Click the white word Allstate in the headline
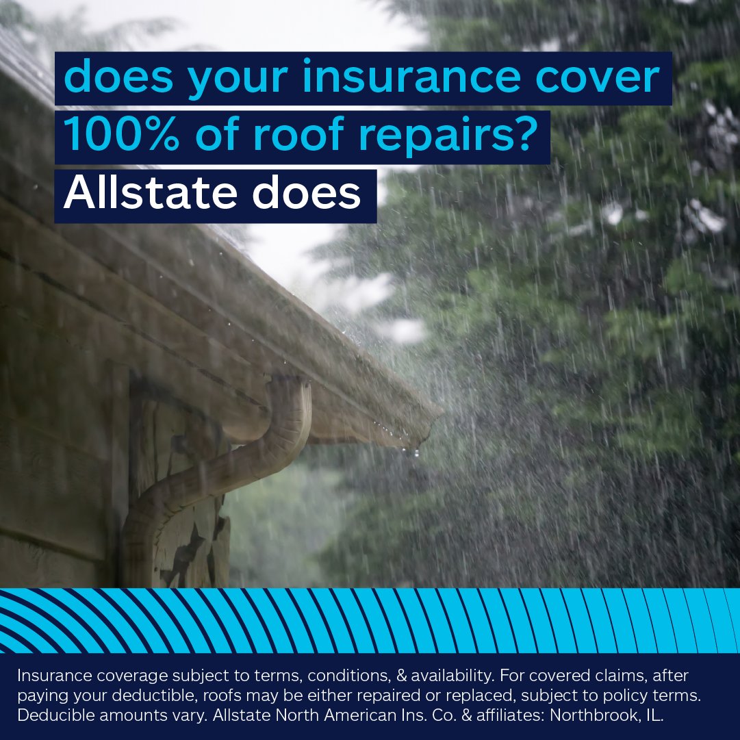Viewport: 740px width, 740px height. point(151,196)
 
